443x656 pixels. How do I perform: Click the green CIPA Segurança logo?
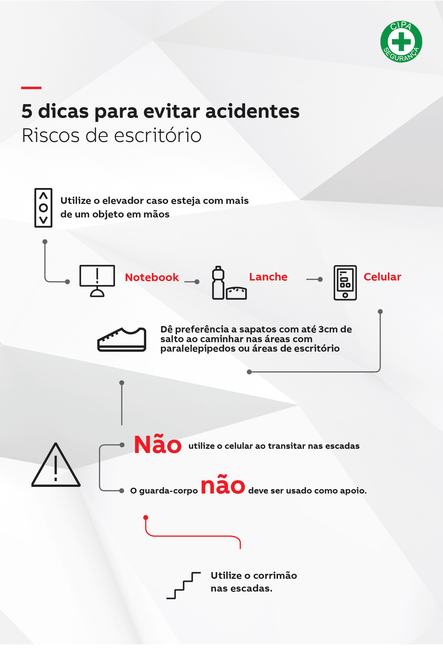(401, 41)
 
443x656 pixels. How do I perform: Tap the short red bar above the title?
(31, 88)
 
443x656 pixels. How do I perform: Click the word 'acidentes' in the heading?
(252, 111)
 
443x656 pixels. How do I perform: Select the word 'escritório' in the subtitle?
(158, 136)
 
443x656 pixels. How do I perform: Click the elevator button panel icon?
(43, 208)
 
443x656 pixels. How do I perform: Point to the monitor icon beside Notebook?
(97, 281)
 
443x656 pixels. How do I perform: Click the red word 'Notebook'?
(152, 277)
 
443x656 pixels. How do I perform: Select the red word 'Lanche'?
(268, 277)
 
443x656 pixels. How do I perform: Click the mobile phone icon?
(345, 282)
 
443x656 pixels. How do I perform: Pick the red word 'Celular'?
(382, 277)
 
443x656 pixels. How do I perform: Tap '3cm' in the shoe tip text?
(328, 329)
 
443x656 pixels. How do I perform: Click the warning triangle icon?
(56, 465)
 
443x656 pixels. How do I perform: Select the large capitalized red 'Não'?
(157, 445)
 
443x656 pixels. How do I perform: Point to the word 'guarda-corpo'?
(168, 490)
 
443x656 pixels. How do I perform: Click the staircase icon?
(184, 585)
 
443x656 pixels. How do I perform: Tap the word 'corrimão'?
(275, 575)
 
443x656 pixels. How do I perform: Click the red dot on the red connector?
(146, 517)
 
